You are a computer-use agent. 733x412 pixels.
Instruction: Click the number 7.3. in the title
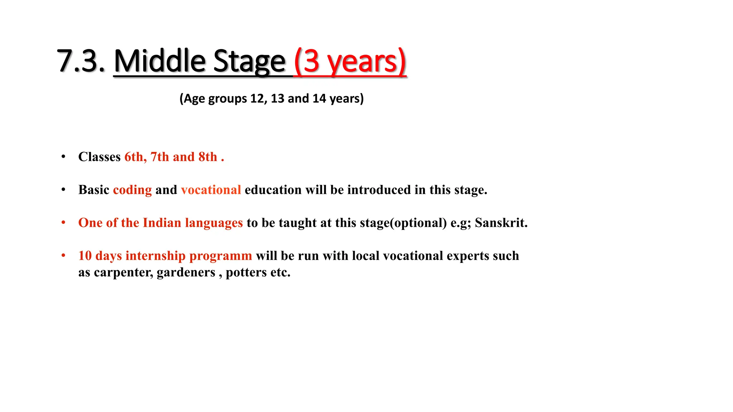tap(81, 61)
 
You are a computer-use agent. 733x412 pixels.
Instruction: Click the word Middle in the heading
tap(160, 61)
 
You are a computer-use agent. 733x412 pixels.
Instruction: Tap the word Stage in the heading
tap(249, 61)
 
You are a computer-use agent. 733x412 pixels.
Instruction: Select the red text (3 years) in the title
tap(350, 61)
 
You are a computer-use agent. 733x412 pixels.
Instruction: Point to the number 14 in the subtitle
tap(319, 98)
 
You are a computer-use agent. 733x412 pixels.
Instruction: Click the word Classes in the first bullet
tap(99, 157)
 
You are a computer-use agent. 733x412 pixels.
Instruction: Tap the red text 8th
tap(208, 157)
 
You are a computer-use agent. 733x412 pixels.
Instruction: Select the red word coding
tap(132, 190)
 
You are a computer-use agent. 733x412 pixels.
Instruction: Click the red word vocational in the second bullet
tap(211, 190)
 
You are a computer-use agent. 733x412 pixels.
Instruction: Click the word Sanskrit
tap(501, 223)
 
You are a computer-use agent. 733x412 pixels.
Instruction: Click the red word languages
tap(214, 223)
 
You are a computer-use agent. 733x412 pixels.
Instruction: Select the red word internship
tap(155, 256)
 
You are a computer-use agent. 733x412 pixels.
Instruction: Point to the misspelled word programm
tap(220, 256)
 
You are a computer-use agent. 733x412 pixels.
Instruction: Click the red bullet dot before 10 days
tap(63, 255)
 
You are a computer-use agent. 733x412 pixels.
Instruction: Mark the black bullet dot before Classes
tap(63, 157)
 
